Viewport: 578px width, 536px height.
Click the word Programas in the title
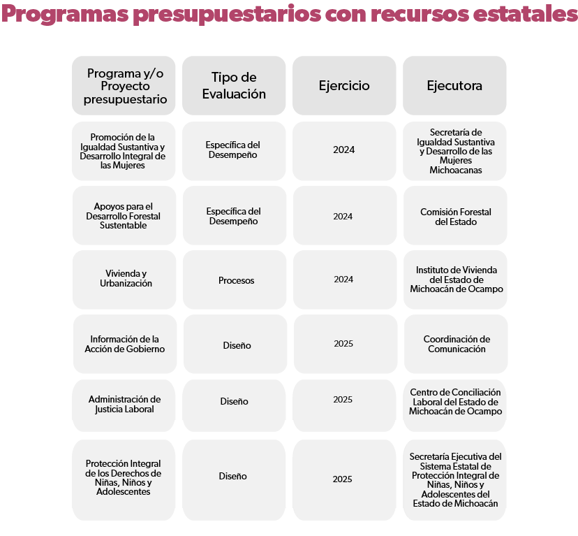point(64,14)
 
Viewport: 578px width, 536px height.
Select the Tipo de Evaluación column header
point(234,85)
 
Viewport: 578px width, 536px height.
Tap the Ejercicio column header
point(344,85)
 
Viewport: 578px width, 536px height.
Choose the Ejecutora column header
point(454,85)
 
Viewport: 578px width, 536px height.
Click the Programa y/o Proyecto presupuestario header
point(124,85)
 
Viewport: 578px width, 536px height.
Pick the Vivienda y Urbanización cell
point(124,279)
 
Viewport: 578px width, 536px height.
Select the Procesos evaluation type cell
point(236,280)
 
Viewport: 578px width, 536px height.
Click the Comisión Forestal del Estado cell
point(455,216)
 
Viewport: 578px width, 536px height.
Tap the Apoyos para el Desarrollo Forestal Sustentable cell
point(124,216)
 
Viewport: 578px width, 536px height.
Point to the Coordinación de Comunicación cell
point(456,344)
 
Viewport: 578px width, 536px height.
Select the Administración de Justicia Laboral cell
point(124,404)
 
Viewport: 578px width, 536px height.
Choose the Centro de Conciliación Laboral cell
point(455,402)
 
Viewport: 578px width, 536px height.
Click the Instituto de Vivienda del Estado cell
point(456,280)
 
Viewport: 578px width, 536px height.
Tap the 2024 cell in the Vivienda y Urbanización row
point(343,280)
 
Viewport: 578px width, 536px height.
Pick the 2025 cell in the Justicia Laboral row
point(343,400)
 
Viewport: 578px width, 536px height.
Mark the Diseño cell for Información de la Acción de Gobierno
point(237,345)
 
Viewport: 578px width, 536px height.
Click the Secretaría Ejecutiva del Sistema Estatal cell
point(455,479)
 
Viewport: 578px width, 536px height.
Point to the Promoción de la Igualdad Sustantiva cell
point(124,151)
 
